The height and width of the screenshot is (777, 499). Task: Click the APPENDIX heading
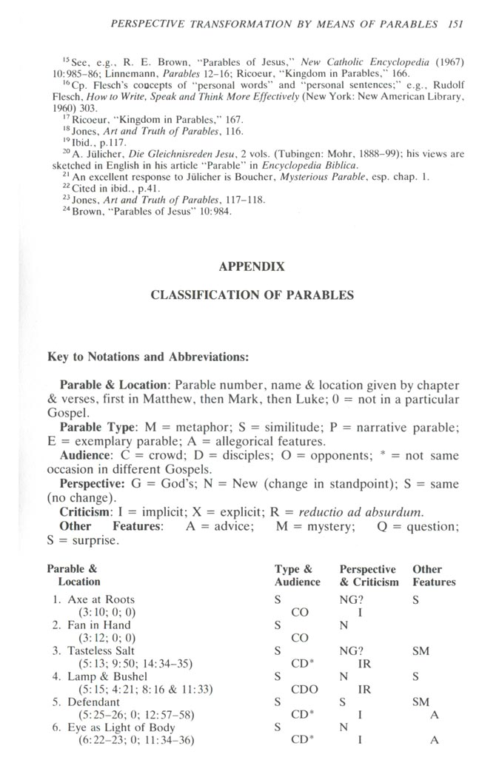click(252, 266)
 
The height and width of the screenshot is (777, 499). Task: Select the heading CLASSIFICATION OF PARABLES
click(252, 295)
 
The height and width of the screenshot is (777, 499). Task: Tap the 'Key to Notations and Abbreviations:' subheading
click(148, 356)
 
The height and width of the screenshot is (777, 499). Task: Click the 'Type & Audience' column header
click(297, 575)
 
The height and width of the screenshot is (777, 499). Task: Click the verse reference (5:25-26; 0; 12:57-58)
click(138, 714)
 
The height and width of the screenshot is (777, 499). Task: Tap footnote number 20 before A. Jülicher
click(64, 152)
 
